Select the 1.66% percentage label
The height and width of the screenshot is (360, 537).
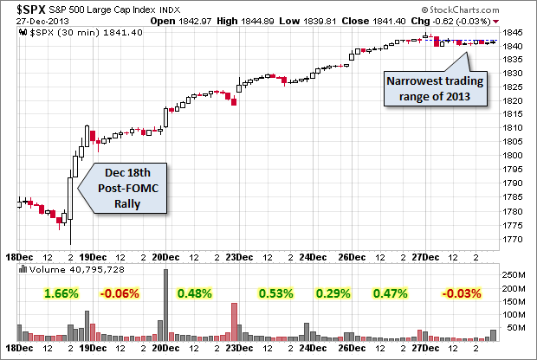61,293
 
